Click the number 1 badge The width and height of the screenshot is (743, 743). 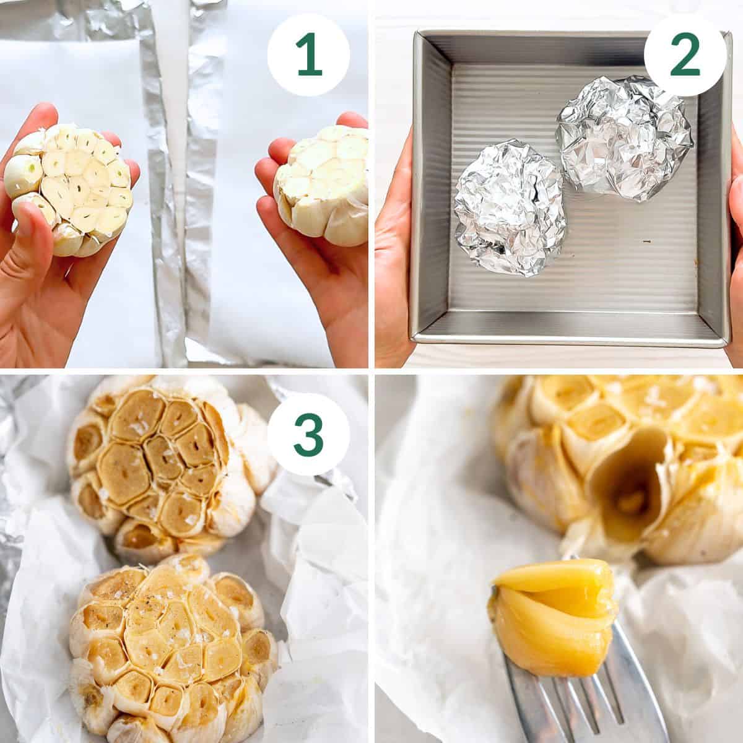click(308, 57)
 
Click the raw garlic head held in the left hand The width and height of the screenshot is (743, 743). click(69, 188)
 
